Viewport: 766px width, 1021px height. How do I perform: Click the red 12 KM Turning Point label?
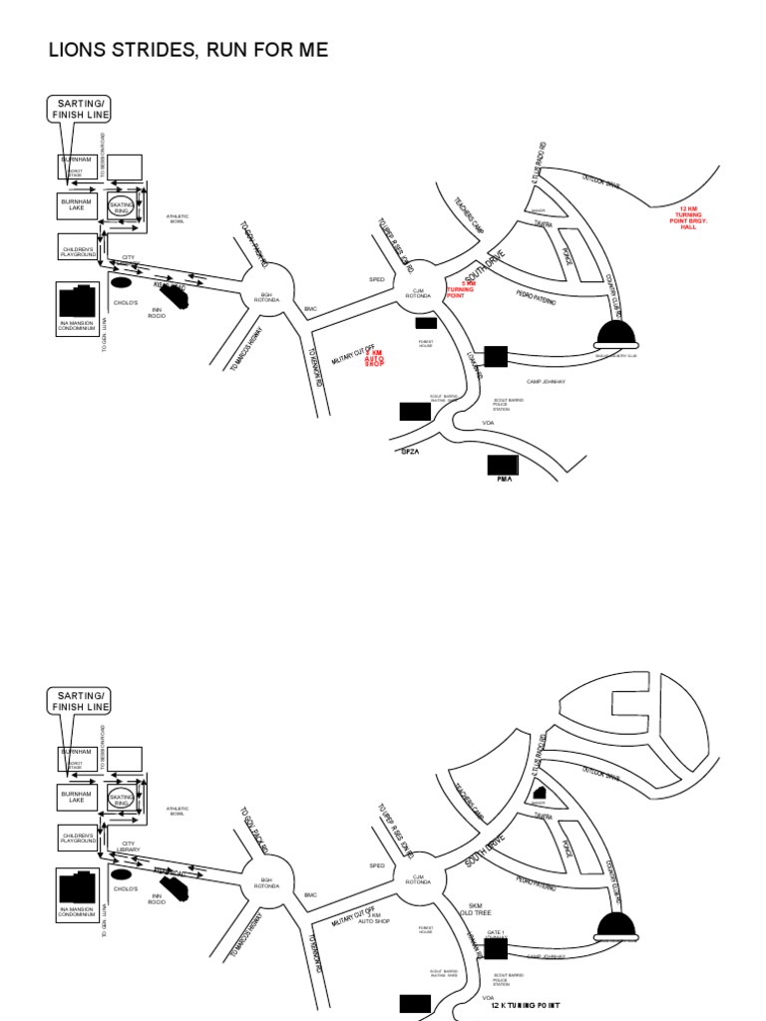[x=689, y=218]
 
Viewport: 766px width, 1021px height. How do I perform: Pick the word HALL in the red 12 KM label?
[x=688, y=228]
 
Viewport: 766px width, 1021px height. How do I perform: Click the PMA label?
[x=503, y=481]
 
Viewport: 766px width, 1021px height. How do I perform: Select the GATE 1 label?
[x=496, y=933]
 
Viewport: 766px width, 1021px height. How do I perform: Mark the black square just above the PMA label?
[x=503, y=465]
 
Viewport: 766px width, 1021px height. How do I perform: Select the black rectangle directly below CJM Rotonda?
[x=426, y=323]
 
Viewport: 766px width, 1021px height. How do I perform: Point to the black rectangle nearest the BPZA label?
[x=414, y=411]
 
